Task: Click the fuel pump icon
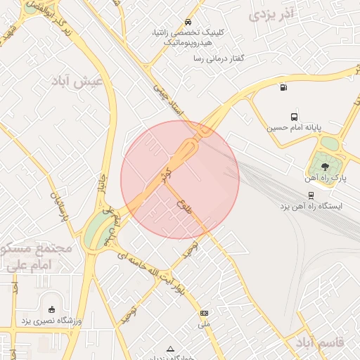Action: coord(283,88)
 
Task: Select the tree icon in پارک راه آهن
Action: coord(325,166)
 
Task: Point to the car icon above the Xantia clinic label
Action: coord(187,22)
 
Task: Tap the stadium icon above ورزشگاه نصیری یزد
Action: coord(51,309)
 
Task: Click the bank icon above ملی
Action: coord(204,313)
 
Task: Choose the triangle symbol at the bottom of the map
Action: coord(169,349)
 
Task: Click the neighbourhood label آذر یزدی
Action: coord(270,13)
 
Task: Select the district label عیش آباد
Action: coord(77,82)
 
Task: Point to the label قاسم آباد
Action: coord(320,342)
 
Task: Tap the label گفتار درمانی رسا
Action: coord(222,58)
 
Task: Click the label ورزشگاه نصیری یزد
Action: coord(50,321)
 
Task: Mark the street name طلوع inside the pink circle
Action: coord(185,207)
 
